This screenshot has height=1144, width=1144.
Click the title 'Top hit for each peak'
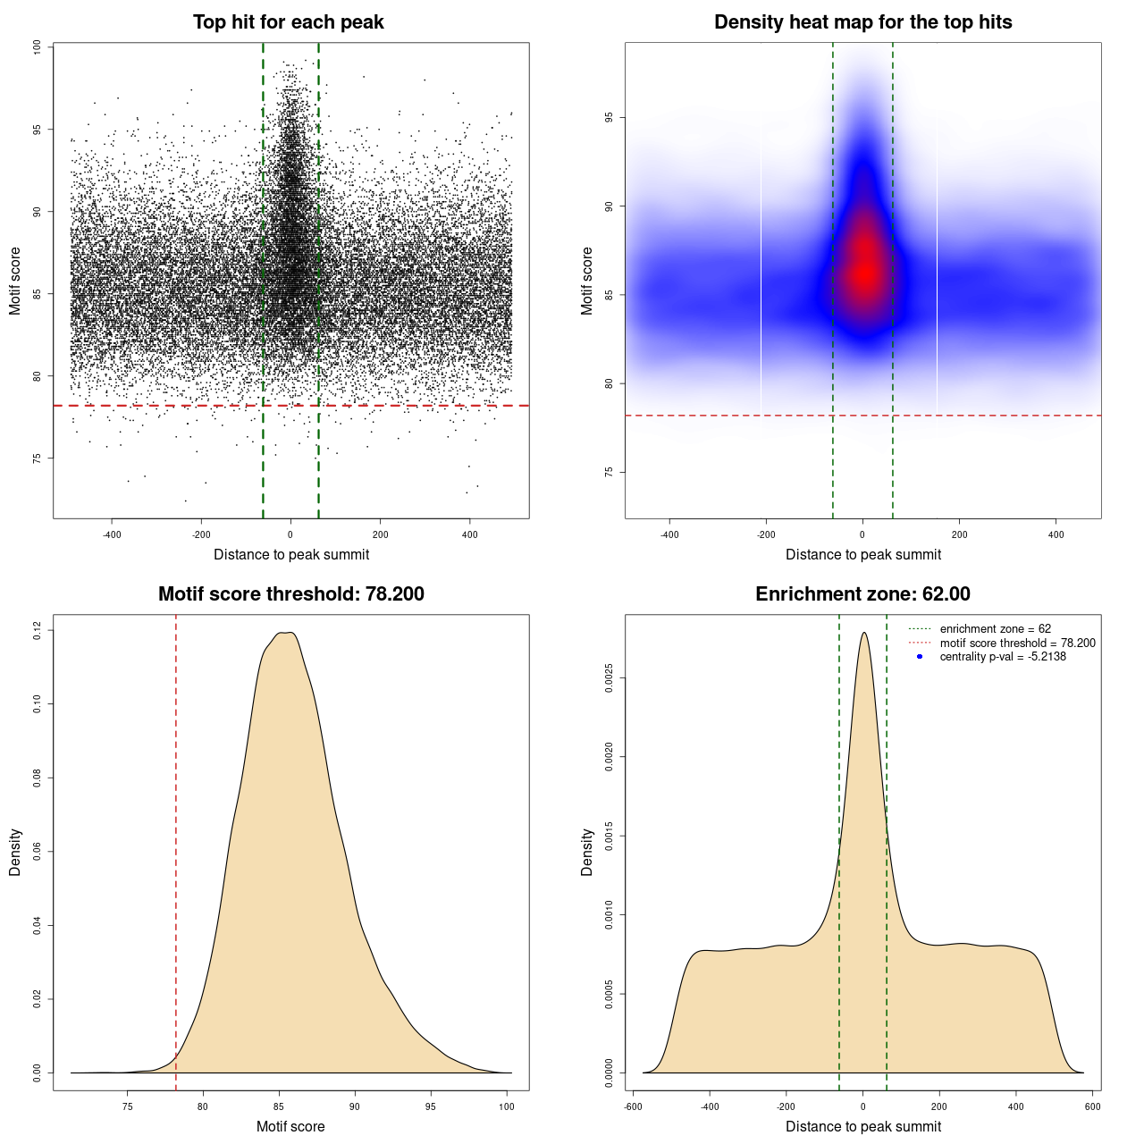(288, 22)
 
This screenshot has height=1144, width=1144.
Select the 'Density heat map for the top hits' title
(862, 22)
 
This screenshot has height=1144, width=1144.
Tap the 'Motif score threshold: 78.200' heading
(290, 594)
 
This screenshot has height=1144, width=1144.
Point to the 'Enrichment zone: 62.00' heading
(862, 594)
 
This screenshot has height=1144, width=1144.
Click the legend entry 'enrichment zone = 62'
(995, 629)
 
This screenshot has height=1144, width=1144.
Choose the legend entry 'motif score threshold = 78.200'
(1017, 643)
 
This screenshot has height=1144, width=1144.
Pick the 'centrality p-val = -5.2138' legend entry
(1003, 657)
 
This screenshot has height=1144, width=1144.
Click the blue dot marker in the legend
(920, 657)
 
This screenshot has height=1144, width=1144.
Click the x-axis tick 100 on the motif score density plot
(507, 1106)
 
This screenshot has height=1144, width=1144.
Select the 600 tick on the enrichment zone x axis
(1092, 1106)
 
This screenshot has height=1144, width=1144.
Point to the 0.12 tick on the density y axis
(37, 631)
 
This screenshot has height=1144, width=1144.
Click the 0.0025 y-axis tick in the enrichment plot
(609, 678)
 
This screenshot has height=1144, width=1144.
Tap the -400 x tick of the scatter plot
(112, 534)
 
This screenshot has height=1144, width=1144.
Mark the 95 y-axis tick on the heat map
(609, 118)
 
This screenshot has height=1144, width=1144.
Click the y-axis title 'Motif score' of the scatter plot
(15, 282)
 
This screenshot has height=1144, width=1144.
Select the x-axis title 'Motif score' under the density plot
(290, 1126)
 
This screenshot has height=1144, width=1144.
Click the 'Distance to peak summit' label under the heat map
(862, 554)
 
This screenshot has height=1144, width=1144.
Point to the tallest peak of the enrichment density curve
(863, 633)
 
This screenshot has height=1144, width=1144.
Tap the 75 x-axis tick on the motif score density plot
(128, 1106)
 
